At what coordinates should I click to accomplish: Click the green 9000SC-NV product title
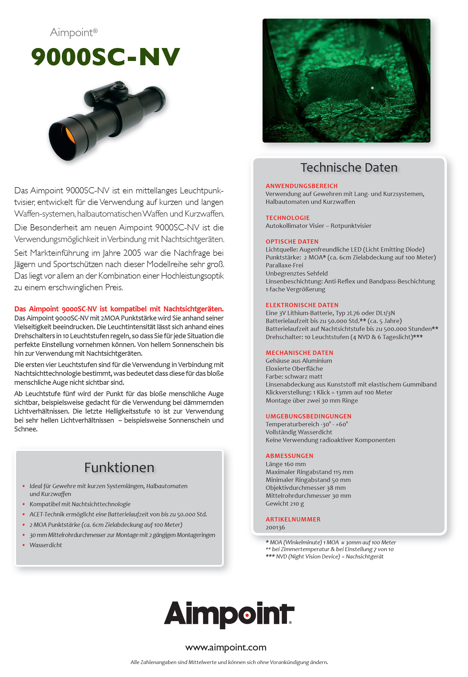[106, 56]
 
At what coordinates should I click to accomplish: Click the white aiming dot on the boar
[372, 88]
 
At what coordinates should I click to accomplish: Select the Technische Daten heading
[349, 168]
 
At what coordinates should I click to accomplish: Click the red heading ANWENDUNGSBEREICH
[301, 186]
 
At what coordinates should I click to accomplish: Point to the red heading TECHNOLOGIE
[287, 218]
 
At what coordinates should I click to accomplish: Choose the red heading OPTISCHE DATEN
[292, 241]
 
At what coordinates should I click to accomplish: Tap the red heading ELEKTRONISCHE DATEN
[302, 305]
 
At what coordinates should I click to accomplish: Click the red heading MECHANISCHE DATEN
[299, 353]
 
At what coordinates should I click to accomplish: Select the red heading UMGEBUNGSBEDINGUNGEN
[308, 416]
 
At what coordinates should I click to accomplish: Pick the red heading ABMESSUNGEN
[289, 456]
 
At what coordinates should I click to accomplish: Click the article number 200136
[275, 528]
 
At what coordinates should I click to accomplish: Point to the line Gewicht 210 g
[284, 503]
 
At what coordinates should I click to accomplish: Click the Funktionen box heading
[119, 468]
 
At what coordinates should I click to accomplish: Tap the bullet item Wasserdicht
[45, 545]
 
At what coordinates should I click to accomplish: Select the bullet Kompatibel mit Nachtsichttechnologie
[80, 504]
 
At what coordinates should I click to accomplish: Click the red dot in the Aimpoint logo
[247, 615]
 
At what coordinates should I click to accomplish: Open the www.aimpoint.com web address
[225, 647]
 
